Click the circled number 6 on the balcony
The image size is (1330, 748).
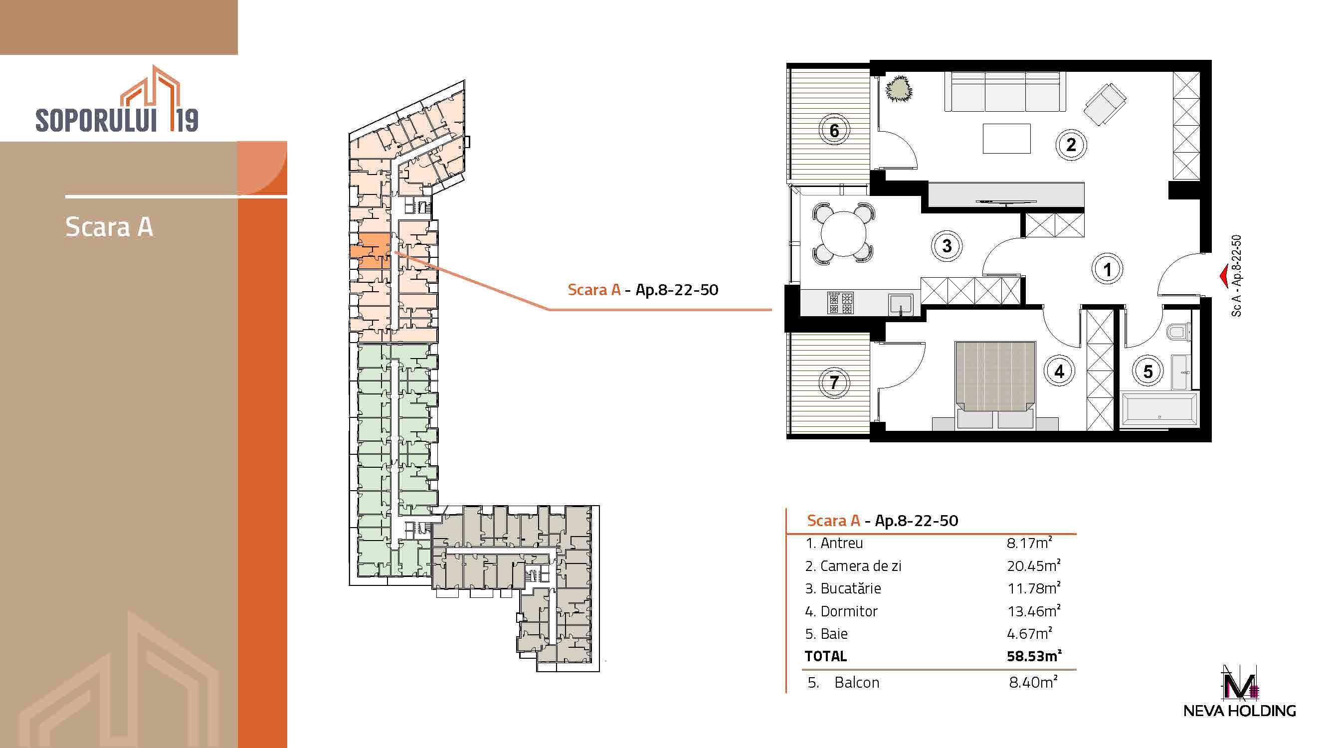pyautogui.click(x=834, y=131)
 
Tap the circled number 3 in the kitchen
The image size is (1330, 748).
pyautogui.click(x=947, y=246)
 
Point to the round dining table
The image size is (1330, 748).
pyautogui.click(x=844, y=234)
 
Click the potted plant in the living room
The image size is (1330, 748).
pyautogui.click(x=899, y=88)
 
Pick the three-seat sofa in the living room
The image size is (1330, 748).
pyautogui.click(x=1005, y=92)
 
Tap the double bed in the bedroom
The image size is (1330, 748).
pyautogui.click(x=995, y=385)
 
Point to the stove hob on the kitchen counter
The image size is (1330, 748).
pyautogui.click(x=841, y=303)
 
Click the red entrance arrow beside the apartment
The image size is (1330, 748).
pyautogui.click(x=1224, y=276)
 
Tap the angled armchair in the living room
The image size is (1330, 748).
pyautogui.click(x=1105, y=104)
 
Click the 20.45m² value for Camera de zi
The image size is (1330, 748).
pyautogui.click(x=1034, y=566)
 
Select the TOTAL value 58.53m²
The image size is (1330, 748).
pyautogui.click(x=1034, y=656)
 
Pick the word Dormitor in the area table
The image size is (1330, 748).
pyautogui.click(x=849, y=611)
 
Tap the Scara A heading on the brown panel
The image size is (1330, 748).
pyautogui.click(x=109, y=226)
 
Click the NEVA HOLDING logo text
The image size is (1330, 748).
pyautogui.click(x=1240, y=711)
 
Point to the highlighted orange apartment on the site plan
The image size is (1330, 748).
pyautogui.click(x=371, y=251)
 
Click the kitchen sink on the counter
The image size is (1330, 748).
pyautogui.click(x=901, y=304)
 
